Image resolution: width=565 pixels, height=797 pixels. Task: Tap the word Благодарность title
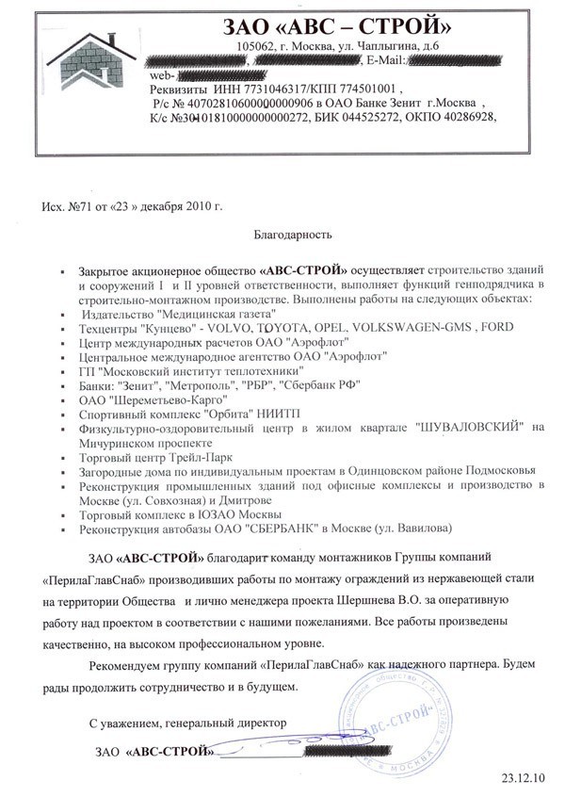point(294,231)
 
